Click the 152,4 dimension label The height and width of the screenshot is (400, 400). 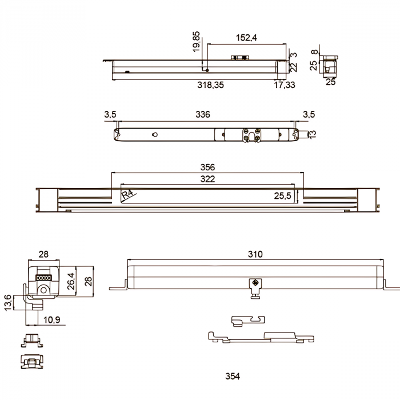(246, 38)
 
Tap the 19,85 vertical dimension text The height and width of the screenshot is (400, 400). (196, 42)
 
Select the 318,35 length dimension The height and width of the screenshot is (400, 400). (210, 85)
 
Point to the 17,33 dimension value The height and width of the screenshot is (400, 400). (285, 85)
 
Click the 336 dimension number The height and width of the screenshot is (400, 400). (203, 114)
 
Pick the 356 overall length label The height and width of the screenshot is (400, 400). (207, 167)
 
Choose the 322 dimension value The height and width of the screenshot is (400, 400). (207, 179)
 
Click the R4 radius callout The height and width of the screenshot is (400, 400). (127, 194)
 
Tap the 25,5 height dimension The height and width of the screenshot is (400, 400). (282, 196)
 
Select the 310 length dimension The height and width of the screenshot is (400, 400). (255, 254)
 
